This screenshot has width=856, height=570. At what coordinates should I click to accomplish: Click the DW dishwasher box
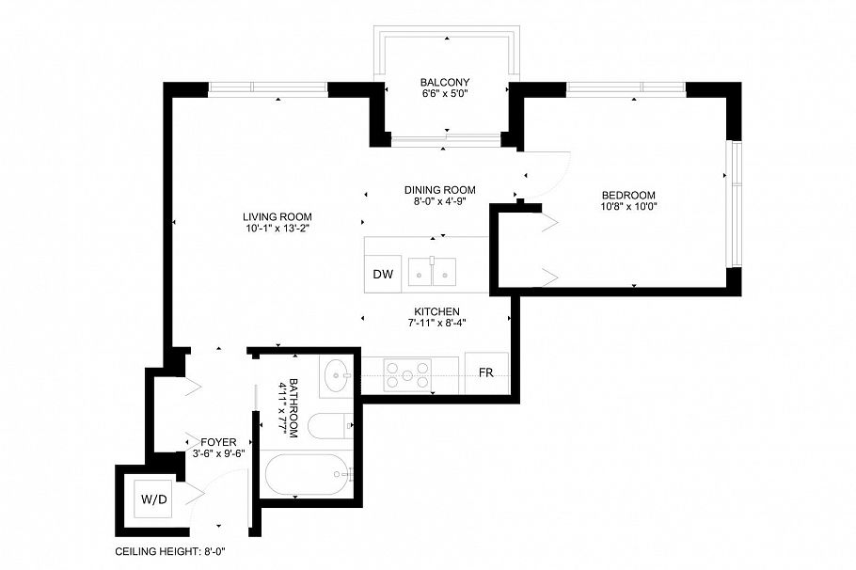[382, 275]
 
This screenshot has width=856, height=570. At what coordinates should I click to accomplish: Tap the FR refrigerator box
[486, 373]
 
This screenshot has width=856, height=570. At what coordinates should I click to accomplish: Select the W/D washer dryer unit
[154, 499]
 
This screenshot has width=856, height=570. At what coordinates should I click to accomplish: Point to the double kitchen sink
[433, 272]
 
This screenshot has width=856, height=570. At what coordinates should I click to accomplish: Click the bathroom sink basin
[336, 377]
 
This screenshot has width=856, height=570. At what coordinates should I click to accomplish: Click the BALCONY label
[446, 83]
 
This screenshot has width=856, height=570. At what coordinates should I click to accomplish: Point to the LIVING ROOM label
[277, 216]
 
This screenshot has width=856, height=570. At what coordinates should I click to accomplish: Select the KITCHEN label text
[436, 311]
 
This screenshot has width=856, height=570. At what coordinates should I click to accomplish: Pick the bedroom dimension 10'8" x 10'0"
[627, 206]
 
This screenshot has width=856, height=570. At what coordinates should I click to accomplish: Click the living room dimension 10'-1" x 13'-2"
[277, 228]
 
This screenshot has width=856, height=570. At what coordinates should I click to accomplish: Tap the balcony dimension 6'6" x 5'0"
[446, 94]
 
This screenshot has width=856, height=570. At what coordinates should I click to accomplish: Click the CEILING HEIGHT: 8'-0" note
[170, 552]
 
